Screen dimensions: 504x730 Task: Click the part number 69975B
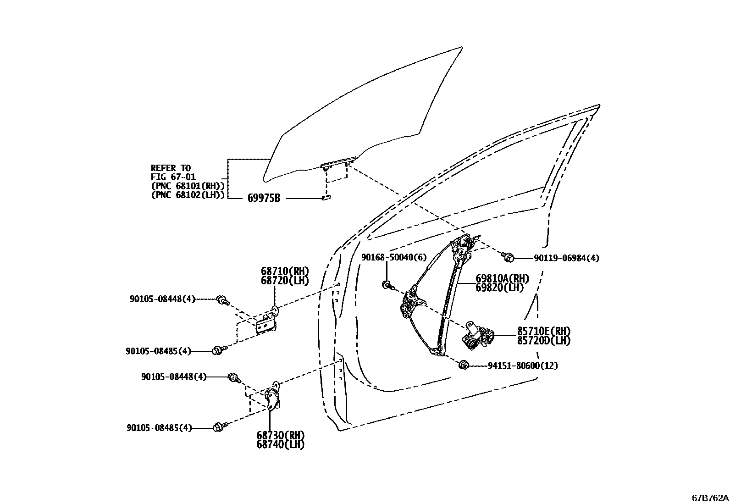coord(264,198)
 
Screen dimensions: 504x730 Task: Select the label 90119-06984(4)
coord(566,258)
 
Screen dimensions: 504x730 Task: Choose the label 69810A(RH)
coord(502,279)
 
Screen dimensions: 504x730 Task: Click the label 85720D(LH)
coord(544,341)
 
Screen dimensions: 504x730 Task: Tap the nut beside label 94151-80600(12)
coord(463,365)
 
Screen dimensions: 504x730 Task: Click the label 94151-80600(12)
coord(523,366)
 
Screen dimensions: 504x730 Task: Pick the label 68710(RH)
coord(285,271)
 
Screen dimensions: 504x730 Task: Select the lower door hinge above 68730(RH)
coord(274,397)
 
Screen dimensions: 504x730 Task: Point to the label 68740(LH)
coord(280,444)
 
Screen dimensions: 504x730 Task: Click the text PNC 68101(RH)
coord(188,186)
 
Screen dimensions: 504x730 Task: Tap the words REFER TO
coord(171,168)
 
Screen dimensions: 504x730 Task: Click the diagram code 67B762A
coord(710,498)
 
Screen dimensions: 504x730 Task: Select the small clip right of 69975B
coord(326,198)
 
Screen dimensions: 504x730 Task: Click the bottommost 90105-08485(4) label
coord(159,428)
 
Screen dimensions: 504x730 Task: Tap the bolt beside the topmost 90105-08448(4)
coord(222,300)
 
